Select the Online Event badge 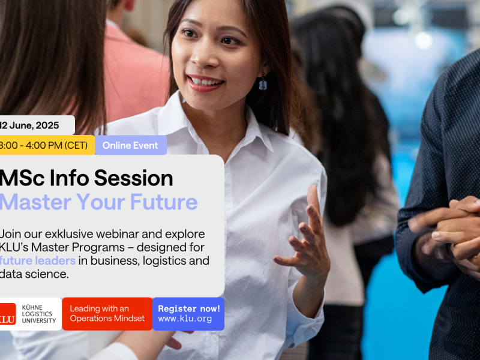coord(131,145)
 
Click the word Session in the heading coord(133,178)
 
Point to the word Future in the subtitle coord(164,202)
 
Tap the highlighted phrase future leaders coord(37,261)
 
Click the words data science coord(34,274)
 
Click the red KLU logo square coord(7,314)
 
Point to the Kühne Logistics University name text coord(38,314)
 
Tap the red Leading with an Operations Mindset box coord(107,314)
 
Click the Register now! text coord(189,308)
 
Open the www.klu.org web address coord(185,319)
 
